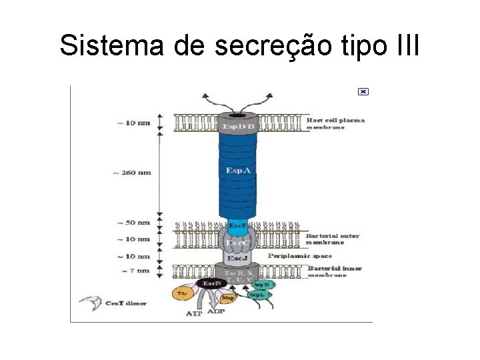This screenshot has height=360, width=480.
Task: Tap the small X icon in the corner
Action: tap(363, 91)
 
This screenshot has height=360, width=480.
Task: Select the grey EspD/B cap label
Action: tap(238, 126)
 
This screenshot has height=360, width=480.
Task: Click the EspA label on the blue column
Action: tap(238, 171)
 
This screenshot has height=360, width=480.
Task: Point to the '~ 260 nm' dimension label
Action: tap(132, 173)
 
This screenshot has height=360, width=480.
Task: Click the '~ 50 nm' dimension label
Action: tap(133, 223)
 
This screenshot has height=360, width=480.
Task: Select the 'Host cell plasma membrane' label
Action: tap(335, 124)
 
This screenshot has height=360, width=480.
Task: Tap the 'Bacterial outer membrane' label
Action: tap(333, 239)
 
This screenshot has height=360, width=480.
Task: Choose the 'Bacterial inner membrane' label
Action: tap(335, 271)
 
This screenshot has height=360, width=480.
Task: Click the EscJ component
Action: tap(238, 258)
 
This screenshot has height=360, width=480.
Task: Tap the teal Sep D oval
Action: tap(262, 285)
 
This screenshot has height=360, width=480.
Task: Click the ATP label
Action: tap(194, 313)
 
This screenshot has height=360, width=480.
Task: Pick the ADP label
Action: tap(216, 311)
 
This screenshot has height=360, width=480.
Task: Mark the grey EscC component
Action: tap(237, 243)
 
